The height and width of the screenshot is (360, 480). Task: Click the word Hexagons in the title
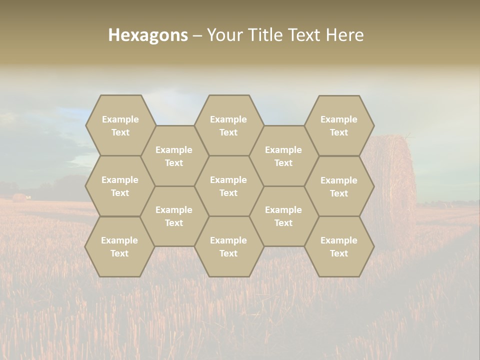148,35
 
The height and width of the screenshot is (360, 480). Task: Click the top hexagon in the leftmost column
120,125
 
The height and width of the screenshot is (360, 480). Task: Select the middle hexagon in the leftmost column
120,186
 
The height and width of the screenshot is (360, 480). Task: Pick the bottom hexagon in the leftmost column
119,246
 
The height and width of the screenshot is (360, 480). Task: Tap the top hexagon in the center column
228,125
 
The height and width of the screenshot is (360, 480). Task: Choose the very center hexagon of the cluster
228,186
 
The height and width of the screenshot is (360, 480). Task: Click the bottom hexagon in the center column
228,246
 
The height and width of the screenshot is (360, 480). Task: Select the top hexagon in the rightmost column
339,125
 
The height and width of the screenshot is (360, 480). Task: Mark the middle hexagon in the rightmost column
339,186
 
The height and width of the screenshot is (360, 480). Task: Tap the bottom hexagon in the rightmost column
339,246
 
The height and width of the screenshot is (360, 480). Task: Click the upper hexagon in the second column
174,156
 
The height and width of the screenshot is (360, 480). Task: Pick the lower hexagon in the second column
174,216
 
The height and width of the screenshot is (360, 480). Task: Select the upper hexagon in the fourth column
283,156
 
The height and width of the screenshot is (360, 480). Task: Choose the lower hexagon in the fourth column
283,216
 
